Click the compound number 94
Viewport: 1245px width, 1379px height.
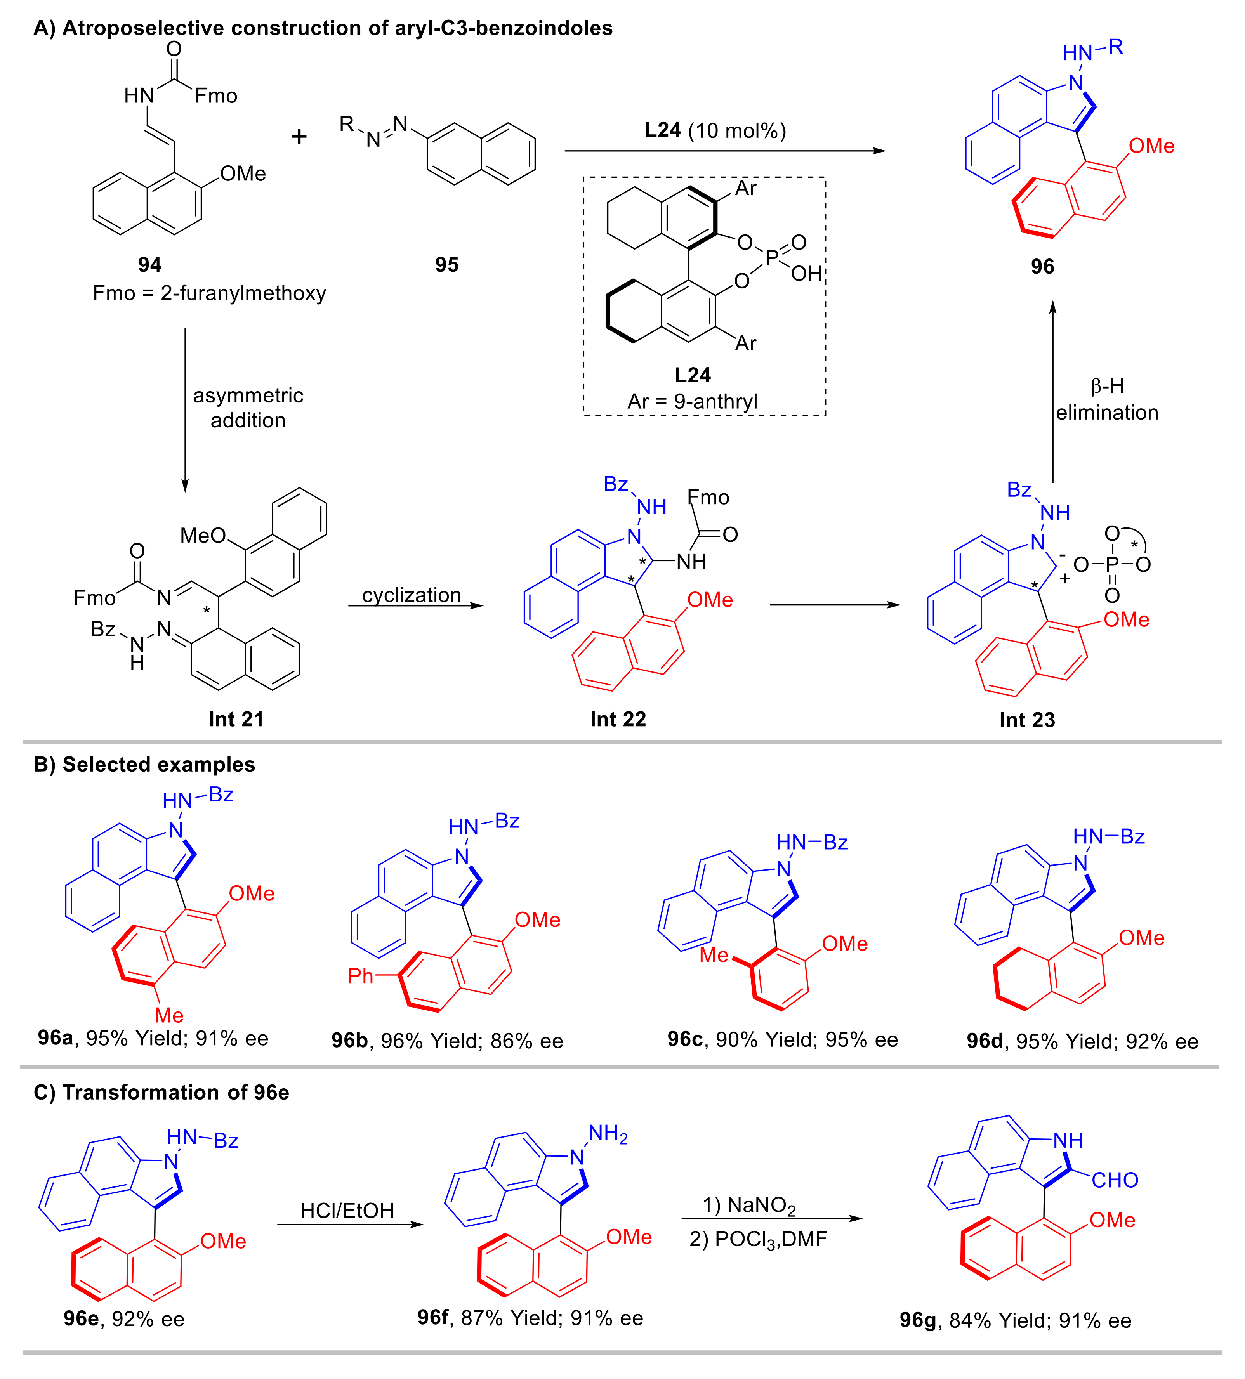149,265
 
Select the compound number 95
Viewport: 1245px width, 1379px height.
447,265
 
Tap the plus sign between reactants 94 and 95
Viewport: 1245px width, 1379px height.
299,137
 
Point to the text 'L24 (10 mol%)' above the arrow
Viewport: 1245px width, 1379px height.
715,130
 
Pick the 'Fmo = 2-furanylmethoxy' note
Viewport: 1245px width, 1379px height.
209,293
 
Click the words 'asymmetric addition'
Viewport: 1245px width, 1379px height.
248,408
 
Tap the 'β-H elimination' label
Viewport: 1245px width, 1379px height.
1106,399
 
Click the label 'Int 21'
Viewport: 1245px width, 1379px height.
236,719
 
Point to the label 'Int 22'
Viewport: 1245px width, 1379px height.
618,719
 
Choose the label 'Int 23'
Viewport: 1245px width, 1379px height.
1027,720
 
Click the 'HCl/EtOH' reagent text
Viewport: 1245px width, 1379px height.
347,1210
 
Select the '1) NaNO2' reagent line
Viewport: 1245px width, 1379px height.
749,1204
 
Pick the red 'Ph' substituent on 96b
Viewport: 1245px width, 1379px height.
361,975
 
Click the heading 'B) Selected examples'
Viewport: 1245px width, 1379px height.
144,764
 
